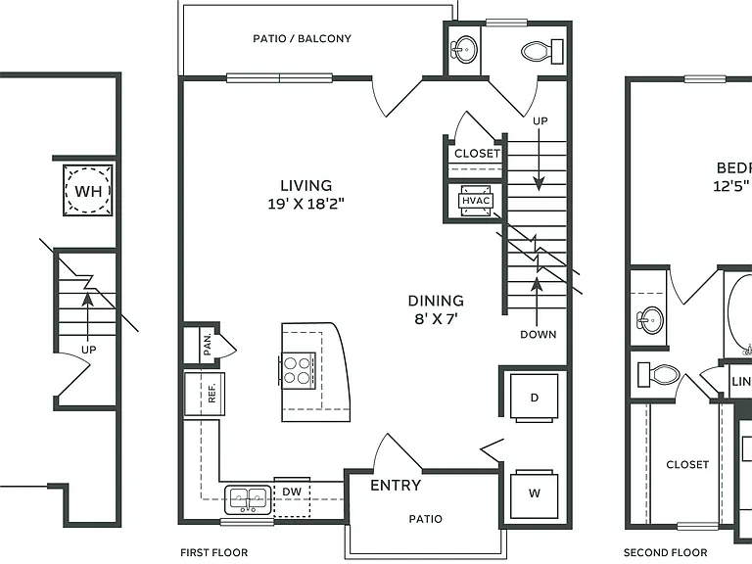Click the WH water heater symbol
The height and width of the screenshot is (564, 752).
point(88,190)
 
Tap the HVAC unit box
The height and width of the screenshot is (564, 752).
point(476,201)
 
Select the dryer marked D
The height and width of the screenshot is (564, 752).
point(535,398)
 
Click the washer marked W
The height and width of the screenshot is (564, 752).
point(535,493)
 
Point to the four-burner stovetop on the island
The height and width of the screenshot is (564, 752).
point(297,369)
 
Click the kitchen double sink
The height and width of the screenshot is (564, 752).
point(248,499)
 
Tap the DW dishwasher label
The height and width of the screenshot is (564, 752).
point(292,492)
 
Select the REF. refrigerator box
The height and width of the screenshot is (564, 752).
point(205,394)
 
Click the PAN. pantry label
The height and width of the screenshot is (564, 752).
point(208,345)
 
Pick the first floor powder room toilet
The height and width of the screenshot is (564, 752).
point(541,51)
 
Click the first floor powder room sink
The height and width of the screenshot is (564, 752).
point(464,49)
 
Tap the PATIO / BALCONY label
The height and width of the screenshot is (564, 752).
point(303,38)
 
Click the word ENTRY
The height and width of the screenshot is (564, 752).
point(396,486)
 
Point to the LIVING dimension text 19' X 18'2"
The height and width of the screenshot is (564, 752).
point(305,205)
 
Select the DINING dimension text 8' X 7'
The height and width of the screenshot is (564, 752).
point(436,319)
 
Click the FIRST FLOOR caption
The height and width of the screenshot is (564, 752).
point(213,553)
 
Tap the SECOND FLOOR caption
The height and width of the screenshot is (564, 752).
point(665,553)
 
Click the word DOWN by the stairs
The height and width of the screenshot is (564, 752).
point(539,334)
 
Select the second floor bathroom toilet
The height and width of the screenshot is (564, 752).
point(658,375)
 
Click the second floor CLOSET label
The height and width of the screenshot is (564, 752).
point(687,464)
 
